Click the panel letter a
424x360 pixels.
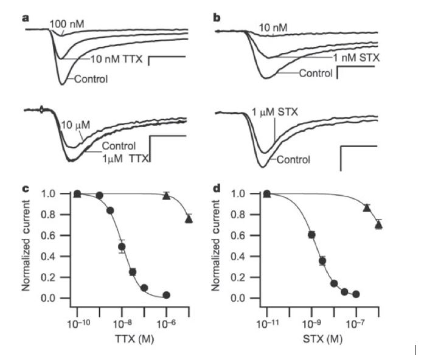(26, 17)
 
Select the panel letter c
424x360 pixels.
(26, 189)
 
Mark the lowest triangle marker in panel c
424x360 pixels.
(189, 219)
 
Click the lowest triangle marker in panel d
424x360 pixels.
(378, 225)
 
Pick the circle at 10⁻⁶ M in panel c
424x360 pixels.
(167, 295)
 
